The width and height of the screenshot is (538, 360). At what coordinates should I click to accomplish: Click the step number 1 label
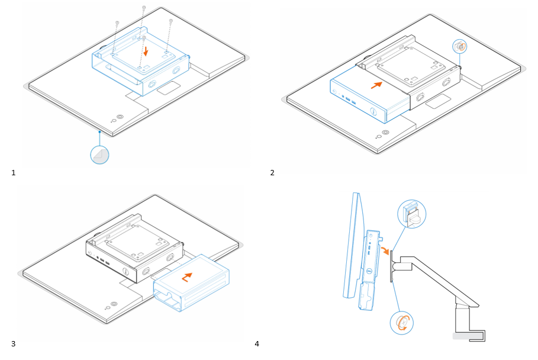click(14, 172)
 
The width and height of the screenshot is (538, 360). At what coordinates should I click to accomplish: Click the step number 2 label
click(272, 172)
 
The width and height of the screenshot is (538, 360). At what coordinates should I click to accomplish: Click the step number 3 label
click(14, 343)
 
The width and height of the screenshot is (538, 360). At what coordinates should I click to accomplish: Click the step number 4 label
click(257, 343)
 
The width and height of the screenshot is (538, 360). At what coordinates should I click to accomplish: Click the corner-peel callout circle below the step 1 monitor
click(99, 155)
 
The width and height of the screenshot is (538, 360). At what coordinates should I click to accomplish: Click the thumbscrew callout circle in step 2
click(460, 47)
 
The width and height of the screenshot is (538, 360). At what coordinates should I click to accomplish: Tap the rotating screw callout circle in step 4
click(401, 322)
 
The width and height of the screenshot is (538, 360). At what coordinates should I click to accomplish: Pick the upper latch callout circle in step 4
click(411, 213)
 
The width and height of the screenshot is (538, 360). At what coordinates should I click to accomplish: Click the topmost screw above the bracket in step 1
click(144, 8)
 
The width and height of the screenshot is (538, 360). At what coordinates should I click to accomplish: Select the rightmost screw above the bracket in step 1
click(170, 22)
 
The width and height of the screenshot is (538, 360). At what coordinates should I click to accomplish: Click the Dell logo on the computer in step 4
click(367, 273)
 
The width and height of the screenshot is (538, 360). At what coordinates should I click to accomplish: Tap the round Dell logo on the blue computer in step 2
click(373, 111)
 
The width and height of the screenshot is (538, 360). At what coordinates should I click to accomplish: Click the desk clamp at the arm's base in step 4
click(471, 336)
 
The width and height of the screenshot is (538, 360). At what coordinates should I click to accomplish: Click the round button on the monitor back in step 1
click(121, 117)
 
